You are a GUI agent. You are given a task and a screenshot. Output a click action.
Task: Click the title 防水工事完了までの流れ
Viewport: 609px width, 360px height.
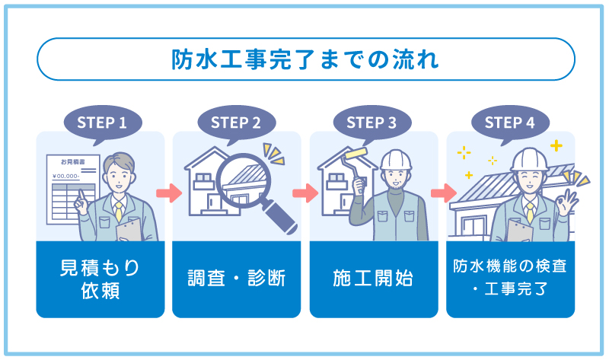pyautogui.click(x=304, y=59)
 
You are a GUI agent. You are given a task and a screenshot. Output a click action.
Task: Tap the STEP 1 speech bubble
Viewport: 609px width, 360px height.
pyautogui.click(x=100, y=122)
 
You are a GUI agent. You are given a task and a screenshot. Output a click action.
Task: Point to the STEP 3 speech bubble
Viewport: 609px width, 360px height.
pyautogui.click(x=371, y=122)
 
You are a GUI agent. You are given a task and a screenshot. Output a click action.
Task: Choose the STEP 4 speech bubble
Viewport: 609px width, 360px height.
pyautogui.click(x=509, y=122)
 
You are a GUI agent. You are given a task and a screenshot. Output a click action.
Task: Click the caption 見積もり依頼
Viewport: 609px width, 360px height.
pyautogui.click(x=100, y=279)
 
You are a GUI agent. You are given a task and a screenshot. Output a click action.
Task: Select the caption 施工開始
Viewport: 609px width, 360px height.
pyautogui.click(x=373, y=279)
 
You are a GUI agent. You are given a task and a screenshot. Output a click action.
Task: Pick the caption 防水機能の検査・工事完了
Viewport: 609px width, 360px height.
pyautogui.click(x=510, y=279)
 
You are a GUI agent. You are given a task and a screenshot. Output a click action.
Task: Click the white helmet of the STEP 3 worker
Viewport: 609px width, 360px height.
pyautogui.click(x=396, y=159)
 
